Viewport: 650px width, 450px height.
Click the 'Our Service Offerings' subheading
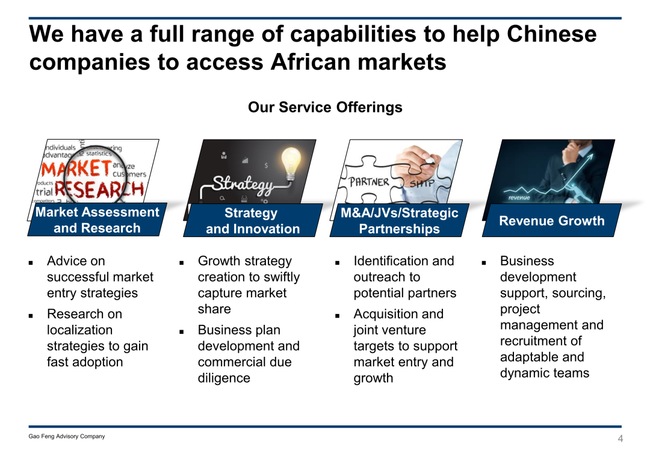click(x=325, y=107)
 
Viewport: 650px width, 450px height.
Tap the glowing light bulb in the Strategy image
click(x=291, y=163)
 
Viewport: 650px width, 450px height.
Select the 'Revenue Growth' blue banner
click(x=552, y=220)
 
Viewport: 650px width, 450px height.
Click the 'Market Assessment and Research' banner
click(x=97, y=220)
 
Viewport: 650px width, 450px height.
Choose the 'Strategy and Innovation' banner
click(x=253, y=220)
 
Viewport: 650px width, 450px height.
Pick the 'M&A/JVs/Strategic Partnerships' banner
click(x=400, y=220)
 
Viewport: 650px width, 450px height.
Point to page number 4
click(x=620, y=439)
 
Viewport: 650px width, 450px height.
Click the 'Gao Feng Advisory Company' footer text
click(x=67, y=436)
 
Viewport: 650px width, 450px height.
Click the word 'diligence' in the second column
click(x=224, y=378)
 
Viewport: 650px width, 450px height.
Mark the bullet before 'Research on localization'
click(x=31, y=315)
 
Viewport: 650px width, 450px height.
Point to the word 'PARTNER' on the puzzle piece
click(x=369, y=182)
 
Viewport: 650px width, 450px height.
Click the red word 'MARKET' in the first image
click(x=76, y=169)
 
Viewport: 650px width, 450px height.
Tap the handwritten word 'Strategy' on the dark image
click(x=243, y=184)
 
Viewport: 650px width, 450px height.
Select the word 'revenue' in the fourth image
click(x=519, y=198)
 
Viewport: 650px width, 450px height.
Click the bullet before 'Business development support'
click(x=484, y=262)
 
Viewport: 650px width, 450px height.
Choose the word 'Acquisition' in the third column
click(x=386, y=314)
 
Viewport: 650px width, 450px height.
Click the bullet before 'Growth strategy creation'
click(x=182, y=262)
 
